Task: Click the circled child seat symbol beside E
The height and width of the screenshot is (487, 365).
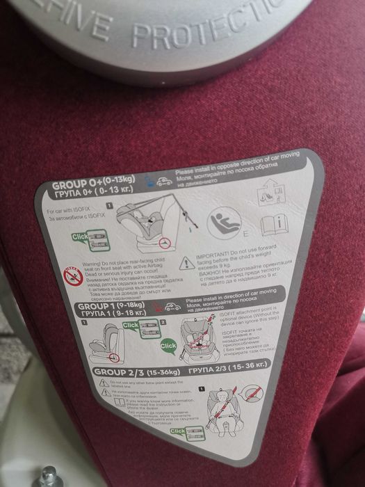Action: (x=223, y=222)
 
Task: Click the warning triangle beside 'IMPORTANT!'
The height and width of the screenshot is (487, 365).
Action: (x=187, y=263)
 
